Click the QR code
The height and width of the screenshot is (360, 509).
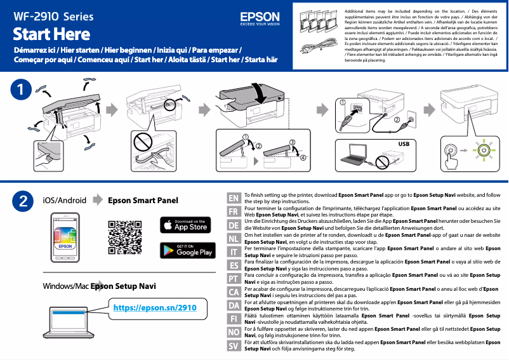(124, 237)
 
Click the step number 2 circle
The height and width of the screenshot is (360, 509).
(23, 201)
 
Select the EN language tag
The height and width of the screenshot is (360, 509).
(234, 199)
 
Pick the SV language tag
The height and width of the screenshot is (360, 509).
(234, 346)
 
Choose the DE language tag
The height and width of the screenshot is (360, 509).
(234, 225)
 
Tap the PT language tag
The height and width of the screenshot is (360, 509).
(234, 279)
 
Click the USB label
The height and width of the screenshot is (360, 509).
(404, 144)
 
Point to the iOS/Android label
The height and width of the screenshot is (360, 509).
(64, 201)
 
